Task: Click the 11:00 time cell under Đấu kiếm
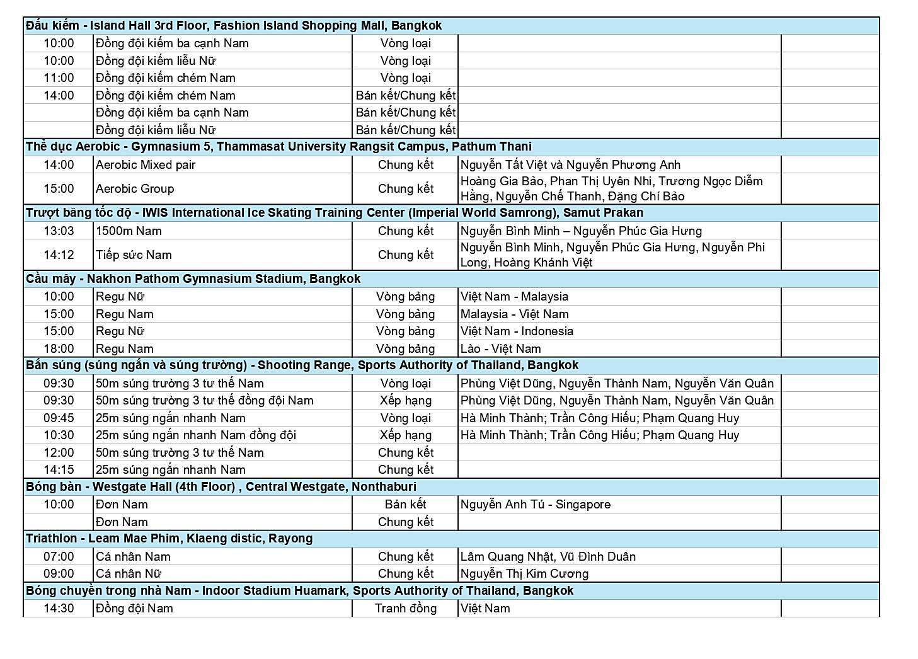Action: (59, 78)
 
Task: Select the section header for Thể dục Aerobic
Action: (278, 147)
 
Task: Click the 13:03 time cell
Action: (59, 231)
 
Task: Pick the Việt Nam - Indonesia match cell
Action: (517, 331)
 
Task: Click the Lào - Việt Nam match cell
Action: (500, 349)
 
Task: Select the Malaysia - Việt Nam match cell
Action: (514, 314)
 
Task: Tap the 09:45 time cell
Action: (59, 418)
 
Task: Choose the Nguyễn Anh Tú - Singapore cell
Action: (535, 505)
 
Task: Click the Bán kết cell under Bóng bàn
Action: (405, 505)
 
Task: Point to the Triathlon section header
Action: (169, 539)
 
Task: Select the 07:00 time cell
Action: (59, 557)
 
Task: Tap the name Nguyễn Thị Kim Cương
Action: (524, 574)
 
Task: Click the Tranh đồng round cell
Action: (405, 609)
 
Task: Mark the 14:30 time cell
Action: (59, 609)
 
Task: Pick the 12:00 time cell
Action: (59, 453)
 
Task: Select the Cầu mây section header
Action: (193, 279)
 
